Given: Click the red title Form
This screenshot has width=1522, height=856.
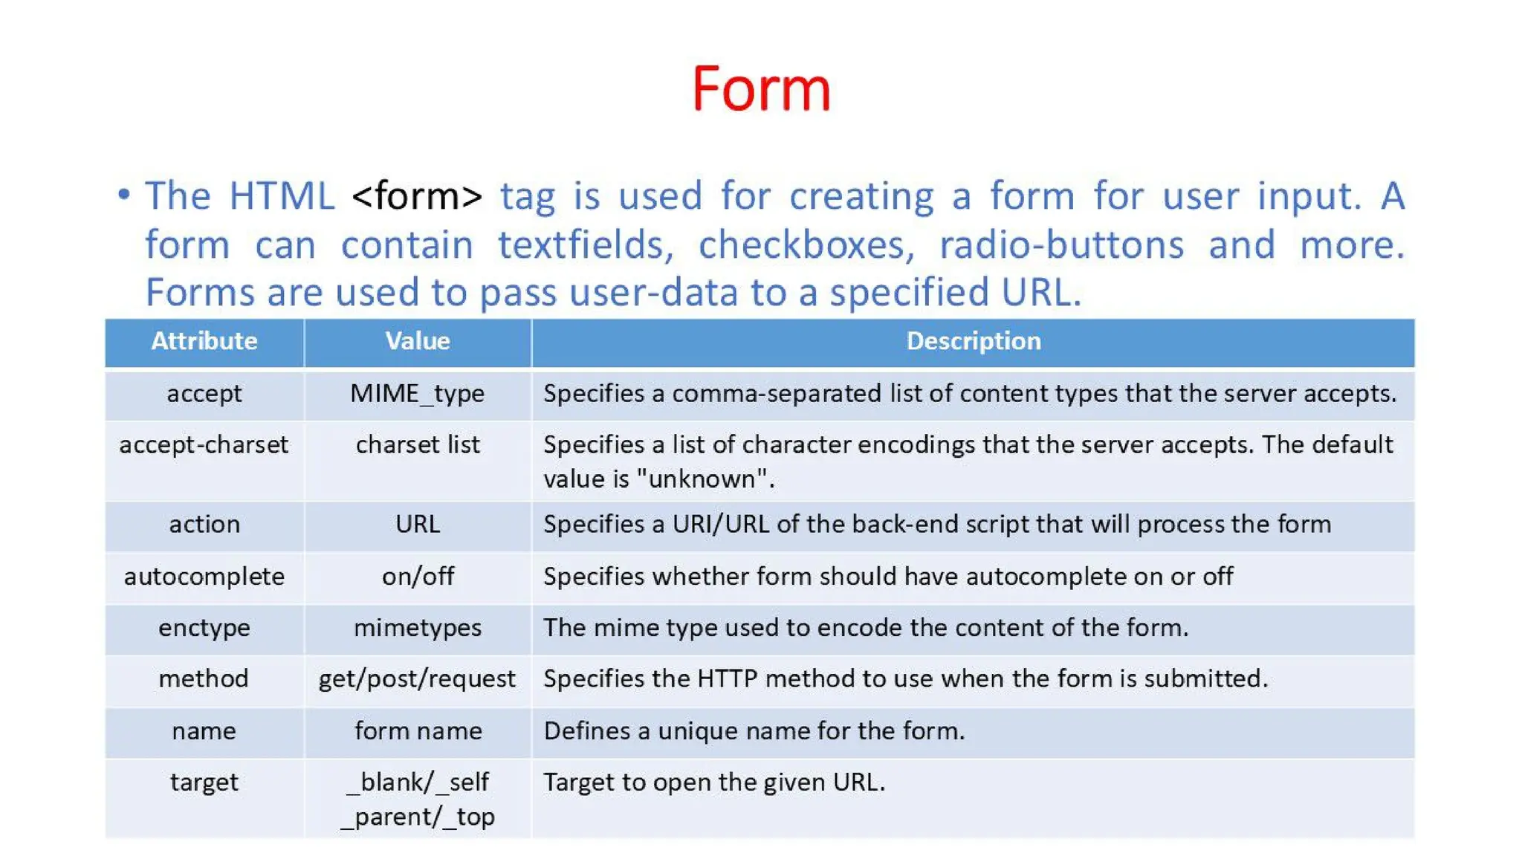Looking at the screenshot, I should pyautogui.click(x=761, y=89).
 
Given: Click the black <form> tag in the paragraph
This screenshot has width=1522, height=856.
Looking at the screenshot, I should pyautogui.click(x=417, y=196).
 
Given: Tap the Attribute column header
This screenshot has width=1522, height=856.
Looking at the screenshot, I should pyautogui.click(x=204, y=341).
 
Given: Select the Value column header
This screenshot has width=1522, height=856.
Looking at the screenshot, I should pyautogui.click(x=418, y=341).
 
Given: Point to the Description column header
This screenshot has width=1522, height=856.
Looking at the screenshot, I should pyautogui.click(x=974, y=341).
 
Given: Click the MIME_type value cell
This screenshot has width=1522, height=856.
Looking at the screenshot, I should pyautogui.click(x=418, y=393).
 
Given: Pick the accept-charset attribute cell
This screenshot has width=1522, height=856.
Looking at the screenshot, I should pyautogui.click(x=204, y=444).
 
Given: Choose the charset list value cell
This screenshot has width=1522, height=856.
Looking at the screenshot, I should pyautogui.click(x=418, y=444).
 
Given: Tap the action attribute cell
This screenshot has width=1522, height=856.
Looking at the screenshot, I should pyautogui.click(x=204, y=525).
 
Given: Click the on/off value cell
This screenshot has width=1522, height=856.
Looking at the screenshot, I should pyautogui.click(x=418, y=577).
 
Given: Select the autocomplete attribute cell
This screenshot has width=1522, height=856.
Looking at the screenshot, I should pyautogui.click(x=204, y=577).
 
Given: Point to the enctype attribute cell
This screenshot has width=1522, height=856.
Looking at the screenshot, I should pyautogui.click(x=204, y=628).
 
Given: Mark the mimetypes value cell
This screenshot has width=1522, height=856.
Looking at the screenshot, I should pyautogui.click(x=418, y=628).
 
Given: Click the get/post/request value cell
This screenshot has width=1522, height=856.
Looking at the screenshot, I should pyautogui.click(x=417, y=679).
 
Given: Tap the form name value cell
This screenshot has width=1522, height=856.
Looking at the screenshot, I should pyautogui.click(x=418, y=731).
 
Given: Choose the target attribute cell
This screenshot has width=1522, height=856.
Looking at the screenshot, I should pyautogui.click(x=204, y=782).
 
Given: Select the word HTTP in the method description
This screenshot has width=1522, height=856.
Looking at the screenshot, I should pyautogui.click(x=727, y=679).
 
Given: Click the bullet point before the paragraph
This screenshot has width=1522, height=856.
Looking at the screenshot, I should pyautogui.click(x=124, y=195).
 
